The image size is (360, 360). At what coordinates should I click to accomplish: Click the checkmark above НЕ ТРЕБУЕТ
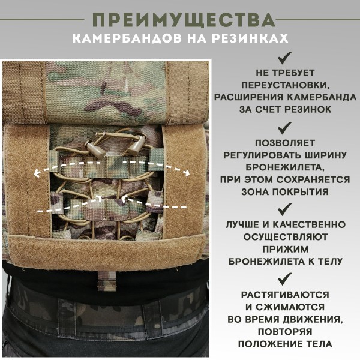pyautogui.click(x=285, y=58)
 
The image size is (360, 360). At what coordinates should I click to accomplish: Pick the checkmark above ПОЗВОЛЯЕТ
pyautogui.click(x=285, y=127)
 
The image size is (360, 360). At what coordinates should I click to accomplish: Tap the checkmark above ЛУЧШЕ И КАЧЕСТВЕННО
pyautogui.click(x=285, y=209)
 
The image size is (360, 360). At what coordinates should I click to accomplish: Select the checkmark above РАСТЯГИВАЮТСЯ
pyautogui.click(x=285, y=278)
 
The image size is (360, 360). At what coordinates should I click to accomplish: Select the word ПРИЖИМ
pyautogui.click(x=286, y=249)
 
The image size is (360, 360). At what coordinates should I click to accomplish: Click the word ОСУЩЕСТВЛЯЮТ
pyautogui.click(x=286, y=237)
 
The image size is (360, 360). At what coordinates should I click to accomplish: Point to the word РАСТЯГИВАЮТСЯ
pyautogui.click(x=286, y=295)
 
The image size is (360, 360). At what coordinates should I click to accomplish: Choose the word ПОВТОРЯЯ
pyautogui.click(x=286, y=331)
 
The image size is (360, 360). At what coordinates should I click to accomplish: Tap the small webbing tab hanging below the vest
pyautogui.click(x=106, y=278)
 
